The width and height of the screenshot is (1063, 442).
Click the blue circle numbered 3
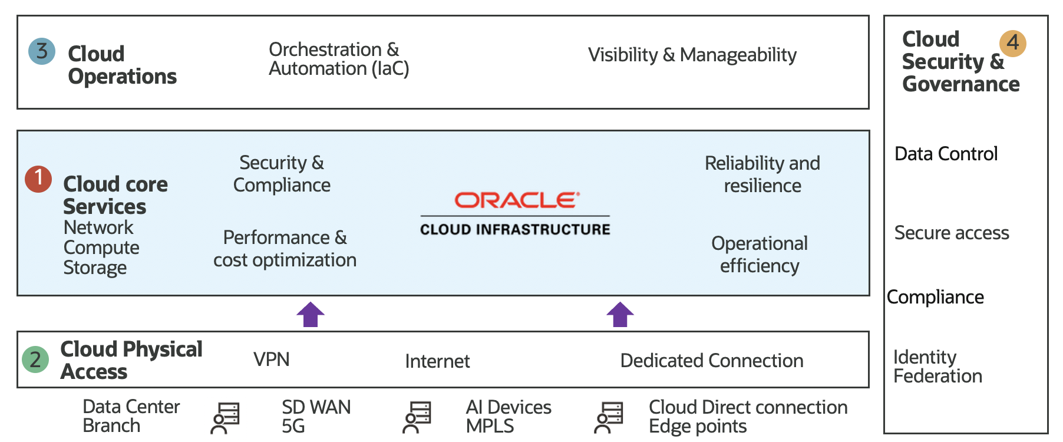point(42,51)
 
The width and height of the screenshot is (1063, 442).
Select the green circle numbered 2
point(35,359)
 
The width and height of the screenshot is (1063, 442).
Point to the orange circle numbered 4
point(1012,43)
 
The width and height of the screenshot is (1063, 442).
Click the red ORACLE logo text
point(517,200)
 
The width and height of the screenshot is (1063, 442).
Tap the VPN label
point(271,359)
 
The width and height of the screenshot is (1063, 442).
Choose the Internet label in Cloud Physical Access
point(437,361)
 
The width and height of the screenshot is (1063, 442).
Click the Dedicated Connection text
point(712,361)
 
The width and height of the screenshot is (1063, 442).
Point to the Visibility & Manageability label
point(692,55)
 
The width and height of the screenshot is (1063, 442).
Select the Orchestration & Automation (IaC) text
point(338,59)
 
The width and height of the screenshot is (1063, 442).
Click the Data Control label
point(946,154)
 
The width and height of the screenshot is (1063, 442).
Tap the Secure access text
point(951,233)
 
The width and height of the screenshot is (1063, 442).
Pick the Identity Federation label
point(937,367)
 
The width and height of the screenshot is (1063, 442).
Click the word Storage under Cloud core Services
point(95,268)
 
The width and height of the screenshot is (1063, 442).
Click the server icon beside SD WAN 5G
point(225,418)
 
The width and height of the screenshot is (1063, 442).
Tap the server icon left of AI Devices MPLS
point(417,417)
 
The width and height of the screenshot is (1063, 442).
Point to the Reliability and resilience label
point(762,174)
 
